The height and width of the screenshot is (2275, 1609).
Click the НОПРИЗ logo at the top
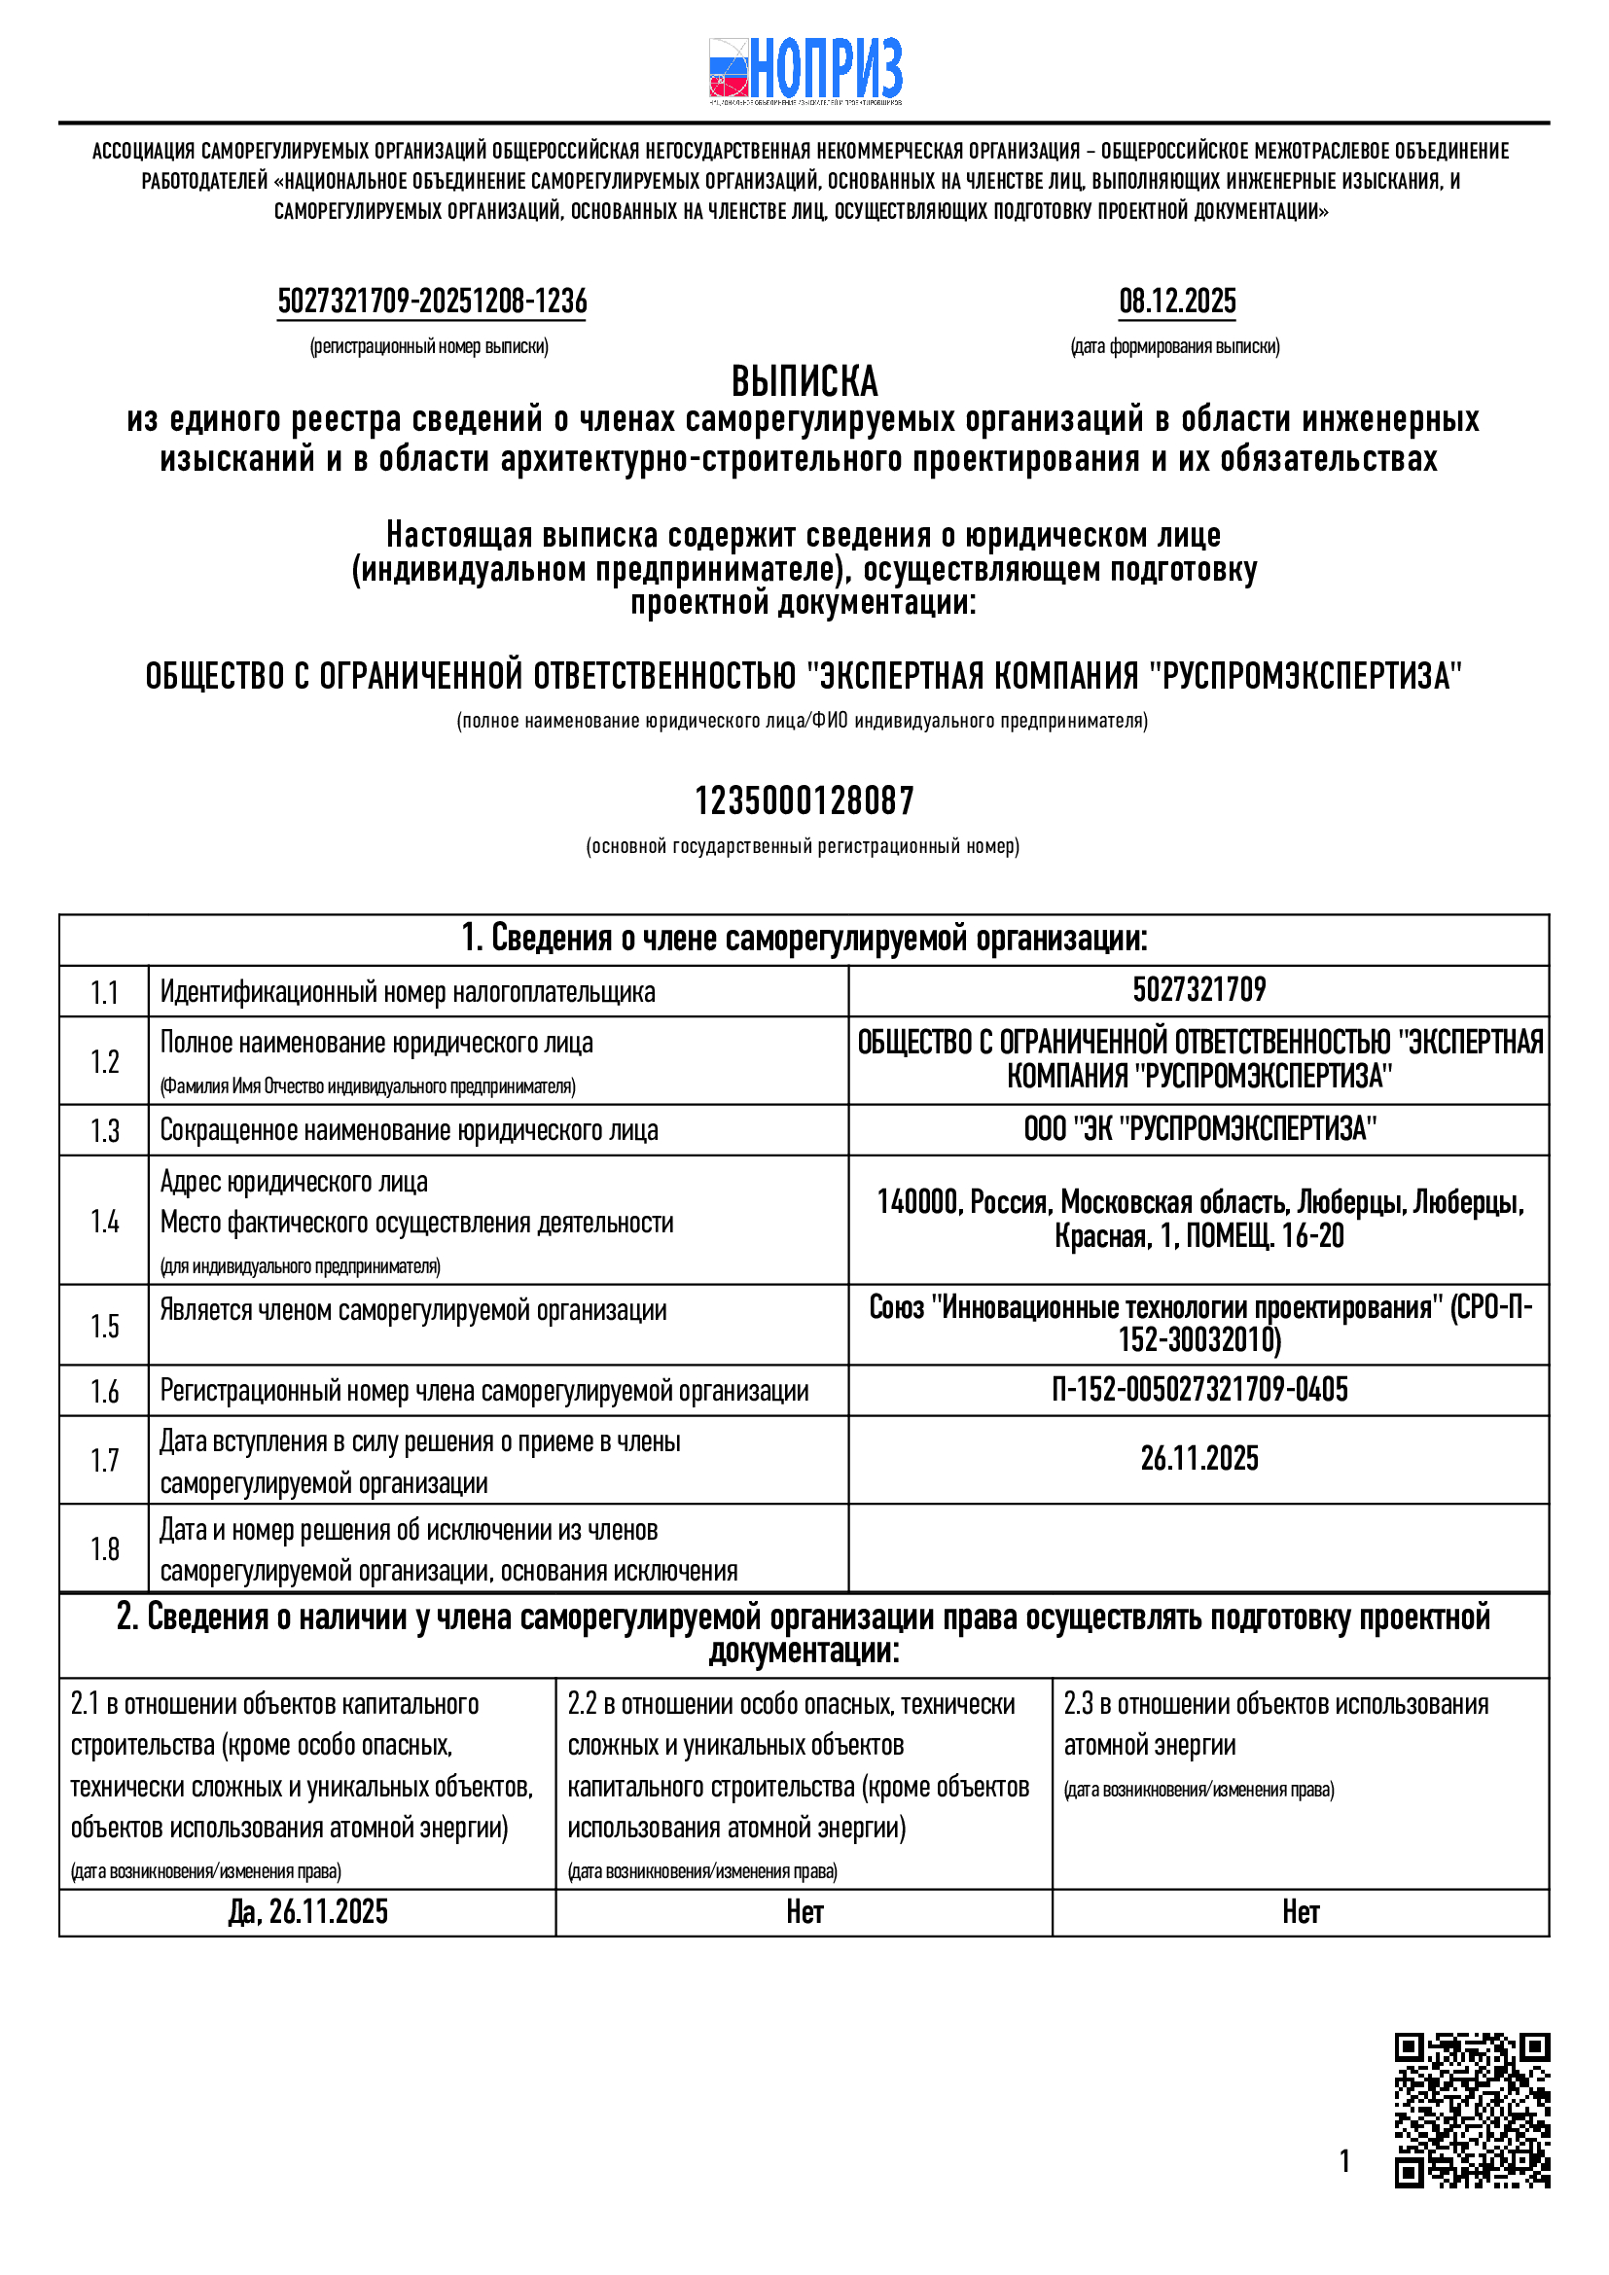click(x=804, y=70)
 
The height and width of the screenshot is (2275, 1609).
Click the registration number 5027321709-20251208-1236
click(x=432, y=302)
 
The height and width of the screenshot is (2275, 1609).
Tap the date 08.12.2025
click(x=1177, y=302)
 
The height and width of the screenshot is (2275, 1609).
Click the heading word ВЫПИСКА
click(x=804, y=381)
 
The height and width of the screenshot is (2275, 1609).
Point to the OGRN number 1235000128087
click(x=804, y=800)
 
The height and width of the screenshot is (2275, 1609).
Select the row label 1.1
click(x=104, y=992)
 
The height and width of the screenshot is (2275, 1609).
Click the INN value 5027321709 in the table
click(x=1198, y=990)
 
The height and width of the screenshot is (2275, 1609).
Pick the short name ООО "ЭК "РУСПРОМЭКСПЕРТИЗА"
click(x=1198, y=1129)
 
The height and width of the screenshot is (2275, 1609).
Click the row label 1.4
click(x=104, y=1221)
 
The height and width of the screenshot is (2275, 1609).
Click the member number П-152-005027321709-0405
click(x=1198, y=1390)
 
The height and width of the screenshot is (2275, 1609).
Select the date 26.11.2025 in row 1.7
click(x=1198, y=1459)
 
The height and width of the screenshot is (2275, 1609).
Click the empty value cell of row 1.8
click(x=1198, y=1548)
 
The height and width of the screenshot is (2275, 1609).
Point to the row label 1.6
click(x=104, y=1391)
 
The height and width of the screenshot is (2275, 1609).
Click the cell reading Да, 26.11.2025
click(x=307, y=1912)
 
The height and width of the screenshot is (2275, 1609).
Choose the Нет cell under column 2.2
click(x=804, y=1912)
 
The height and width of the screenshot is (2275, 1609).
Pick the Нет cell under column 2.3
click(x=1300, y=1912)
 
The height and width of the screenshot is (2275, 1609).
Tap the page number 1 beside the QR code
click(x=1344, y=2161)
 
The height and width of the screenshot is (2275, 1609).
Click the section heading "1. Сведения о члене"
click(x=804, y=939)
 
